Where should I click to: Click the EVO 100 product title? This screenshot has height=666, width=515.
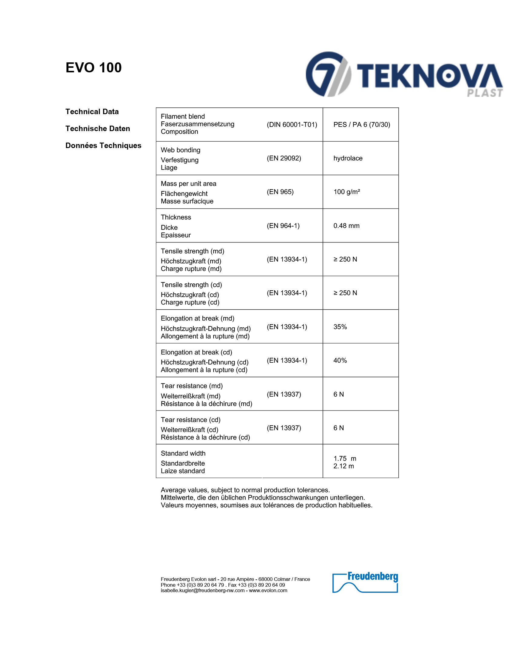tap(93, 68)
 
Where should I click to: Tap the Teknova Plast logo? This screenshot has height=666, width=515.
tap(404, 75)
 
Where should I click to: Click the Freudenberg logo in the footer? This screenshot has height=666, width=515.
tap(365, 582)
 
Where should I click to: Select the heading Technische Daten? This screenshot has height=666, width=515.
tap(98, 129)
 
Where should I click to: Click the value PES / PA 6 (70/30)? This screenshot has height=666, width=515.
tap(361, 124)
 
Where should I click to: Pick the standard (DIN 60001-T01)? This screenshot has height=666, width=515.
tap(292, 124)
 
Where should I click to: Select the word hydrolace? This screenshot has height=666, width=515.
tap(348, 158)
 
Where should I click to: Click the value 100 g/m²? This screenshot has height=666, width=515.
tap(347, 192)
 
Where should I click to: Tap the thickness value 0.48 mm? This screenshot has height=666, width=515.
tap(346, 226)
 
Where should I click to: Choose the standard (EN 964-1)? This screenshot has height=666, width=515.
tap(283, 226)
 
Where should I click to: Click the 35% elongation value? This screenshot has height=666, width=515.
tap(340, 327)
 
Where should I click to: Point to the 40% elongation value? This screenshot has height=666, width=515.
tap(340, 361)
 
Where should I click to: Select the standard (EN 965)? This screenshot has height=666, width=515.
tap(280, 192)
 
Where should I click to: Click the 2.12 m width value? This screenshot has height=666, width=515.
tap(344, 466)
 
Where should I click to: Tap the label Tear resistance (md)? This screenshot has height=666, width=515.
tap(191, 386)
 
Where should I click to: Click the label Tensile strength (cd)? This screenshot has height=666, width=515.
tap(191, 285)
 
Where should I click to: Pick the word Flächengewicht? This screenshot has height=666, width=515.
tap(184, 194)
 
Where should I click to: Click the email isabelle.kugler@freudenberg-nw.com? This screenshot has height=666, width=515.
tap(203, 591)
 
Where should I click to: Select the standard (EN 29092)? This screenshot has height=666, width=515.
tap(284, 158)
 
